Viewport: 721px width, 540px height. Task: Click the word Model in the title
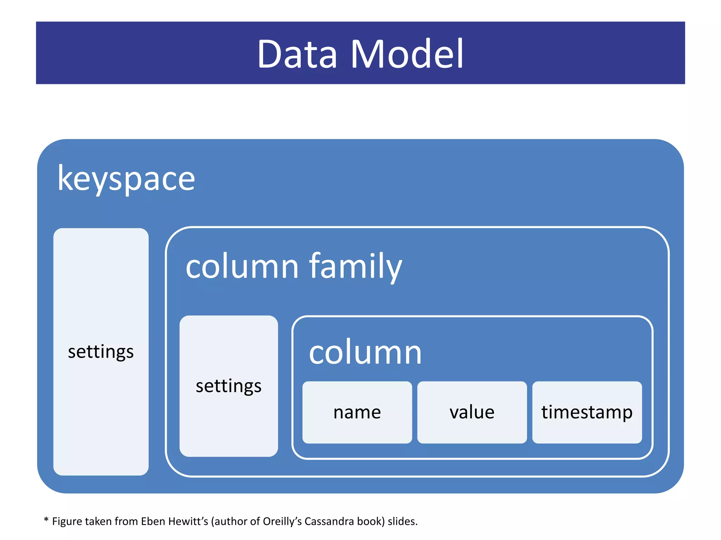(x=407, y=54)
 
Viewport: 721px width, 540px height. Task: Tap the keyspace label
(x=126, y=179)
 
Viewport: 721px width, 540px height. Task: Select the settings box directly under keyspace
(x=101, y=352)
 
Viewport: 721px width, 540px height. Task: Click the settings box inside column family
(x=228, y=386)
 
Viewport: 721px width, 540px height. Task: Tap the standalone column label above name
(x=365, y=352)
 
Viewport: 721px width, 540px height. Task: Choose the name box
(x=357, y=412)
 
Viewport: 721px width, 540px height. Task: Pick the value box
(x=472, y=412)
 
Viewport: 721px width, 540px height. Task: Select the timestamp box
(x=587, y=412)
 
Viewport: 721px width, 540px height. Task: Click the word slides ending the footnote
(x=402, y=521)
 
